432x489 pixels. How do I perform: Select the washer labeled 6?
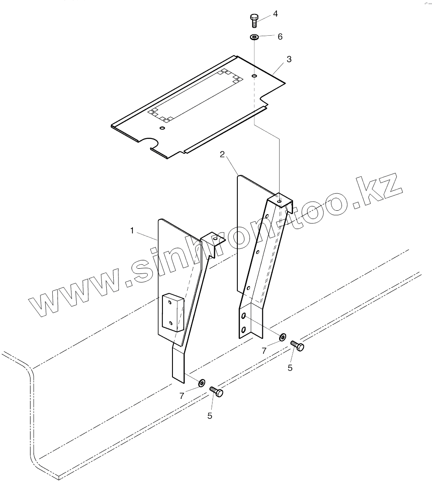254,37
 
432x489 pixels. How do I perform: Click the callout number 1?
132,230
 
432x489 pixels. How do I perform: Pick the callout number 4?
275,14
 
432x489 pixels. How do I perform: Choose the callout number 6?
280,37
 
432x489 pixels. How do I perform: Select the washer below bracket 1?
202,383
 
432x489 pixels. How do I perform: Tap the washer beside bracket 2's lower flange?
282,337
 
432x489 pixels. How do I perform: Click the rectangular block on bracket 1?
172,312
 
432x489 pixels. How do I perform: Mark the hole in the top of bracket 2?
279,202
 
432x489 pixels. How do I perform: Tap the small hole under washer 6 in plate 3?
254,77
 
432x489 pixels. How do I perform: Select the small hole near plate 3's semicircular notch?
162,128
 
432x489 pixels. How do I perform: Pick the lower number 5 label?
210,416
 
